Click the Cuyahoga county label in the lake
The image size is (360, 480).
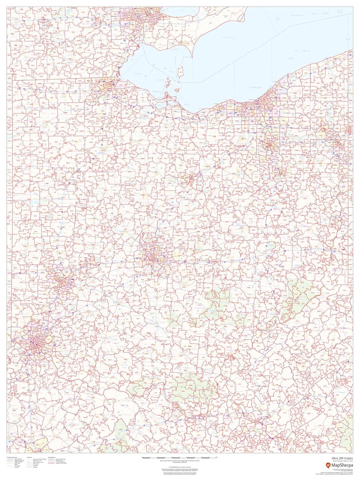[x=256, y=87]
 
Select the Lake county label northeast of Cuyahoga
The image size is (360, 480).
[x=291, y=58]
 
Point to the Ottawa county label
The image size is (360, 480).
[x=156, y=91]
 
